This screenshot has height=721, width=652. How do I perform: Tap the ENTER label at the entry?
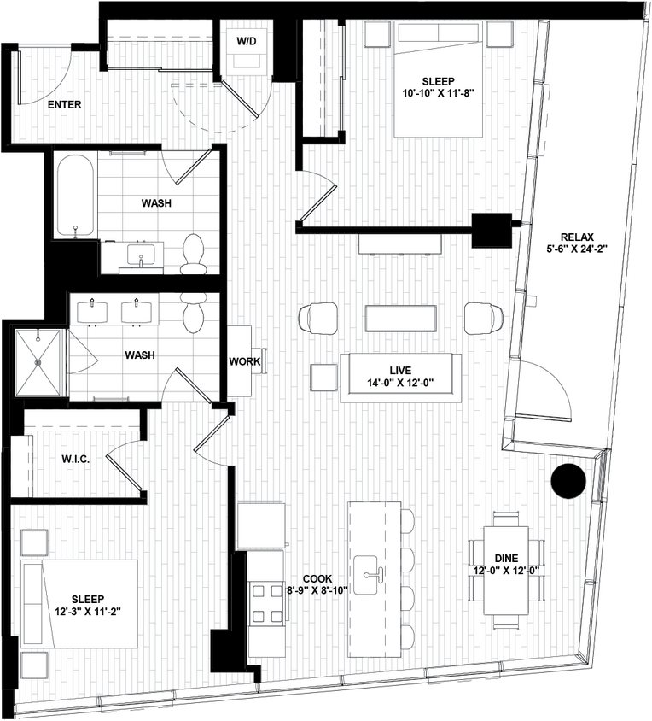65,105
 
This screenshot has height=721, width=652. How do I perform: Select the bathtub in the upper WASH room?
75,196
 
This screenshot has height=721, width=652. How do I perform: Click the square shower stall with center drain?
38,361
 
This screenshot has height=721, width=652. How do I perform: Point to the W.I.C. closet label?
76,459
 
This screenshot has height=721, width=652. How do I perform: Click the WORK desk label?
244,361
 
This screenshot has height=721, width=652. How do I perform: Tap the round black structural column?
568,482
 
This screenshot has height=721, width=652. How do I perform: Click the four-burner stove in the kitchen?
266,603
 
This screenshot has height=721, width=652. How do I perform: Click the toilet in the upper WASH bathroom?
194,253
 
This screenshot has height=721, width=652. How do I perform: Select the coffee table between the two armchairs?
400,319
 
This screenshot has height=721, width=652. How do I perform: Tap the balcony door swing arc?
546,389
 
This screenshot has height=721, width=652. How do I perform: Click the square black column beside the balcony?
492,228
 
